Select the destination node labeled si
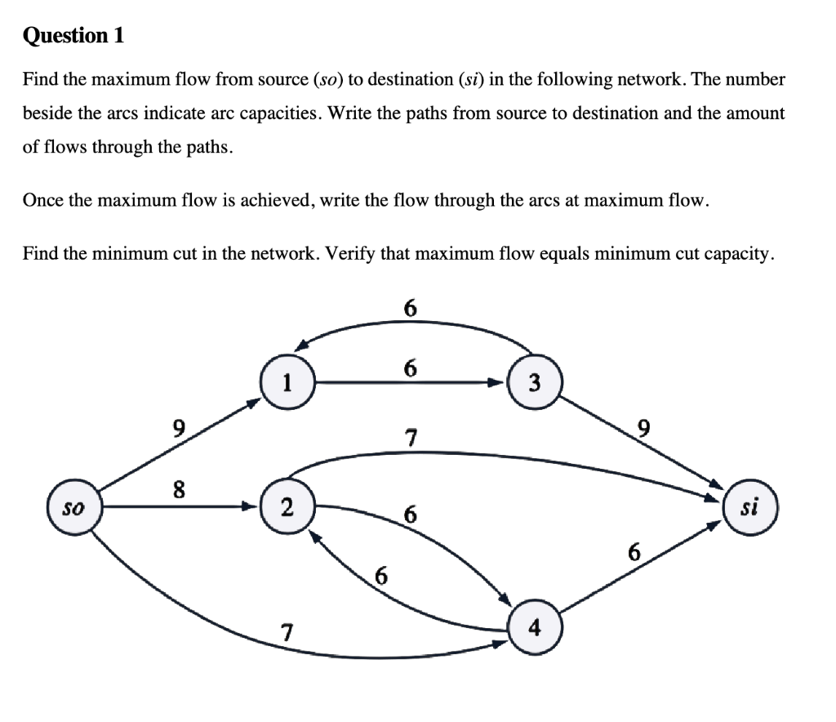[749, 507]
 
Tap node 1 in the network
[286, 381]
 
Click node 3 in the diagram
[533, 382]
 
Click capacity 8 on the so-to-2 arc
[179, 490]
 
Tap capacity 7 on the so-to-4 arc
[286, 631]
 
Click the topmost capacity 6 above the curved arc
[410, 308]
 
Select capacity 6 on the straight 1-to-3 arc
[410, 368]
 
